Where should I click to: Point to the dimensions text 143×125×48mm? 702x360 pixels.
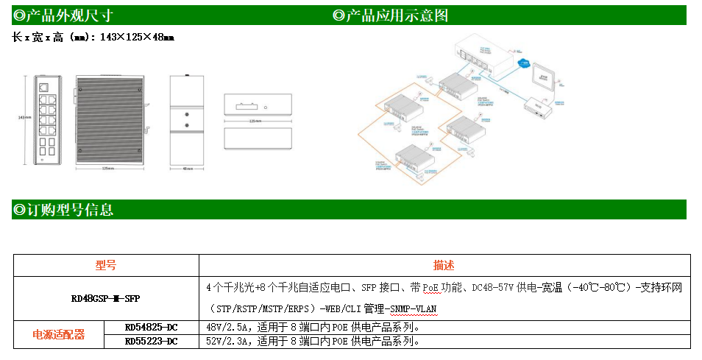(x=141, y=37)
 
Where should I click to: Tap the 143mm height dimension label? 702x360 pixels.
(x=23, y=117)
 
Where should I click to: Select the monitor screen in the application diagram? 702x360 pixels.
(x=544, y=77)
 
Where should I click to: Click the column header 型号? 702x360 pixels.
(x=106, y=266)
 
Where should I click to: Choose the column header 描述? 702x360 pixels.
(x=444, y=266)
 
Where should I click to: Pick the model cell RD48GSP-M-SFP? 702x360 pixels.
(x=106, y=298)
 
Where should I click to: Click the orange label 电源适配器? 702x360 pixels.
(x=59, y=334)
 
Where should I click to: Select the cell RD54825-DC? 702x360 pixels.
(x=151, y=327)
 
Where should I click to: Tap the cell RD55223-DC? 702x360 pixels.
(x=151, y=341)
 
